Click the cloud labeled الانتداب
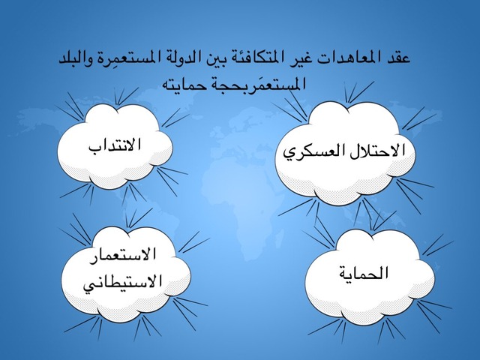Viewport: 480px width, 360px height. click(115, 146)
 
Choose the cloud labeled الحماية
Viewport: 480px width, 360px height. click(370, 277)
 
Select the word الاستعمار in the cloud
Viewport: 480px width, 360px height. click(123, 255)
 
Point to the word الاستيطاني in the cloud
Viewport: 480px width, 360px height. click(122, 281)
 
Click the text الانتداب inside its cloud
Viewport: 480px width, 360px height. click(115, 144)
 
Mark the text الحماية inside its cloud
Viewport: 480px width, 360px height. click(364, 272)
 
